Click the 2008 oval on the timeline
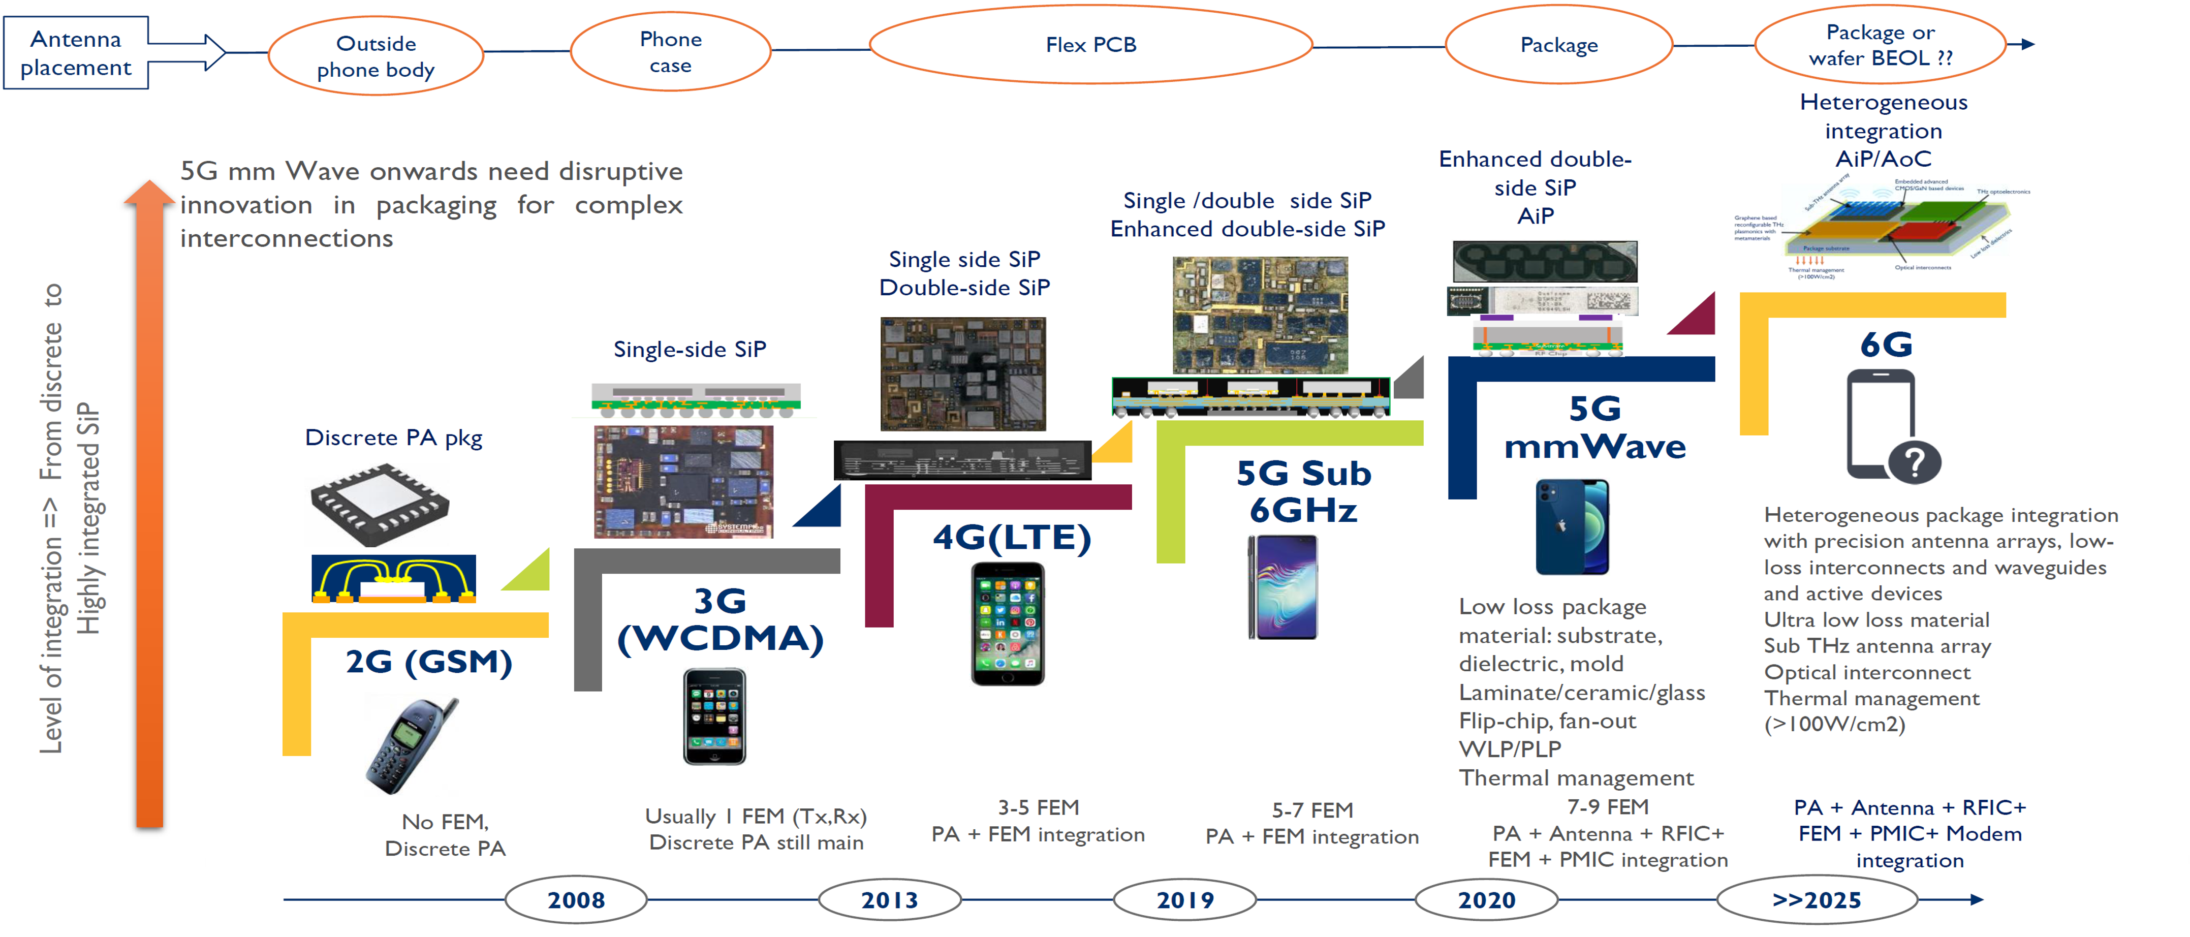point(576,899)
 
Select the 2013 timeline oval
point(889,899)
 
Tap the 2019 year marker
point(1184,899)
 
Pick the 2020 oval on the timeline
point(1486,899)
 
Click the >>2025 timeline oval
point(1816,899)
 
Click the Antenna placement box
point(76,53)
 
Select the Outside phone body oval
point(376,56)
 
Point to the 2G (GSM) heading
point(428,662)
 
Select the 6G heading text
point(1886,345)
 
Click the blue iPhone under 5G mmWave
point(1571,527)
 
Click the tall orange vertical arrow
point(149,510)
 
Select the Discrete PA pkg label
point(394,438)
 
